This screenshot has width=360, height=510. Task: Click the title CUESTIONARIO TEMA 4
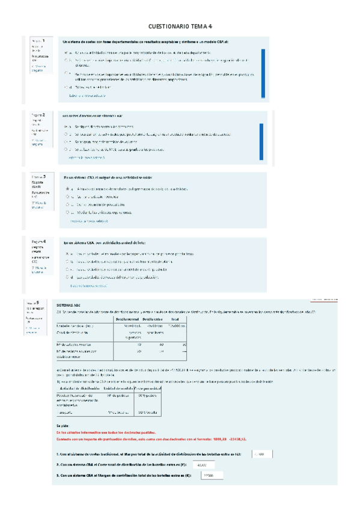[x=180, y=26]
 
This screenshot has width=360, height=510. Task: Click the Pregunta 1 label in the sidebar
[x=38, y=41]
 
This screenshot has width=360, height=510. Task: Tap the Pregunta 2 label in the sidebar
[x=38, y=114]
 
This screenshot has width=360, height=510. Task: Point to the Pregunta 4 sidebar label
[x=38, y=241]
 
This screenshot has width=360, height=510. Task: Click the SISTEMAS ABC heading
[x=67, y=305]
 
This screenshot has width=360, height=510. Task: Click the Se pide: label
[x=61, y=426]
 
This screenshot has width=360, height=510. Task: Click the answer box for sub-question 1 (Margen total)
[x=260, y=455]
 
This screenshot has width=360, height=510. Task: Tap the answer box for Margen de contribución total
[x=209, y=476]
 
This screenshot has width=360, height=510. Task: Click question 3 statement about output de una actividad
[x=108, y=178]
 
